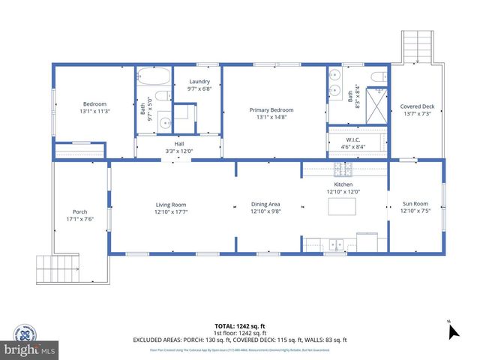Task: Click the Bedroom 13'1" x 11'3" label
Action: tap(94, 107)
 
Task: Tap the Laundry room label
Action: tap(199, 85)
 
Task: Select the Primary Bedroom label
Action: tap(271, 113)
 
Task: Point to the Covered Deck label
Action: tap(417, 109)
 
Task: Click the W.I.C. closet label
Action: tap(355, 142)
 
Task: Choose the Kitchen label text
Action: tap(343, 187)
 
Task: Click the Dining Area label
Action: tap(265, 208)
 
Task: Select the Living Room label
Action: tap(171, 208)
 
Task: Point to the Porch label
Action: tap(80, 215)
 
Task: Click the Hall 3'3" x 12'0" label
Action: tap(179, 147)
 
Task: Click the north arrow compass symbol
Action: tap(451, 330)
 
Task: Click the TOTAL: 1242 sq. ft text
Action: tap(239, 326)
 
